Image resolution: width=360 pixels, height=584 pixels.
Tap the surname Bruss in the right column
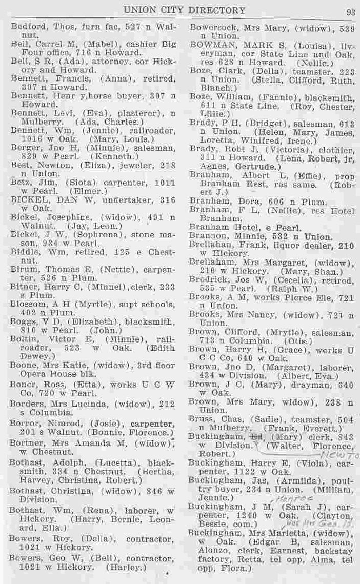(202, 419)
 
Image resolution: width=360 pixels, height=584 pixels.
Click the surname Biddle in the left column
(25, 252)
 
